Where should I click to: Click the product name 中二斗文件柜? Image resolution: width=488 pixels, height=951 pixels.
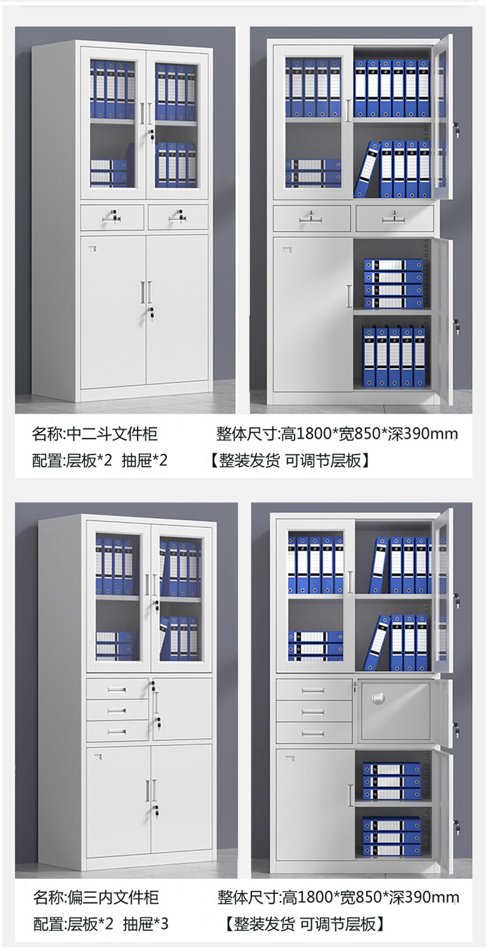tap(112, 434)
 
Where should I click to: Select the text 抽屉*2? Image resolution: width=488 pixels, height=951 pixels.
tap(145, 460)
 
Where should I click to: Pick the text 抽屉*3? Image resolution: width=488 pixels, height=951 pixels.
tap(145, 924)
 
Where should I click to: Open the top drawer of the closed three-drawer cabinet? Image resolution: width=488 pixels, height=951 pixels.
tap(117, 689)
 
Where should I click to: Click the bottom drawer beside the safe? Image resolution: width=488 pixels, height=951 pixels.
tap(313, 733)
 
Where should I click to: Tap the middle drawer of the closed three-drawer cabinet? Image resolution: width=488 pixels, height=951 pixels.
tap(117, 710)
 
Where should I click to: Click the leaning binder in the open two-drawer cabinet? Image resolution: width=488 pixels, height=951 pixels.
tap(366, 169)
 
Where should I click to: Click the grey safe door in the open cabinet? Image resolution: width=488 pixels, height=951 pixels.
tap(394, 710)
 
